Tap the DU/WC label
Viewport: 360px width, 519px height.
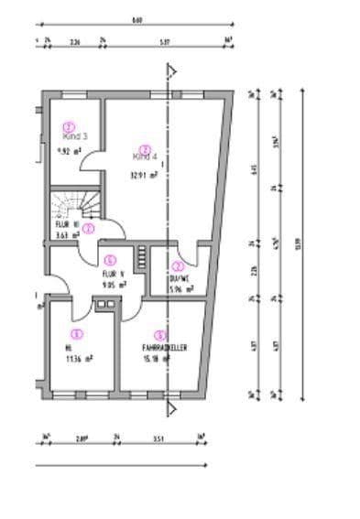click(179, 280)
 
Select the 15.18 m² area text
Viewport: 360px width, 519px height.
click(158, 359)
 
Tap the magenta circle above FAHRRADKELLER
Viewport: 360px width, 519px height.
click(160, 335)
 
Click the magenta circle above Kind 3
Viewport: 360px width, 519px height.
click(68, 125)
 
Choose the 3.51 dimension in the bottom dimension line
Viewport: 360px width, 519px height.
click(158, 438)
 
